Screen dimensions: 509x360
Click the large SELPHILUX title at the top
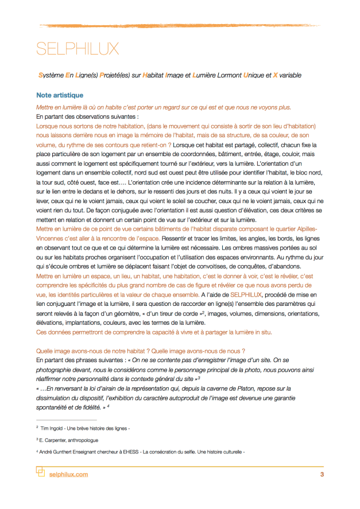click(x=78, y=49)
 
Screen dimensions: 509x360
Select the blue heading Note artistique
click(x=59, y=95)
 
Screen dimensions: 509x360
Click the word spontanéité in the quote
click(x=55, y=406)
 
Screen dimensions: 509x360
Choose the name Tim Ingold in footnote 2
click(x=54, y=428)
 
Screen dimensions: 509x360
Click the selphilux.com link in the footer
click(x=69, y=475)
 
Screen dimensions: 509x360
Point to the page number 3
click(x=322, y=475)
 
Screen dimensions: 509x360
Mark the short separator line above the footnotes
click(x=57, y=419)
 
